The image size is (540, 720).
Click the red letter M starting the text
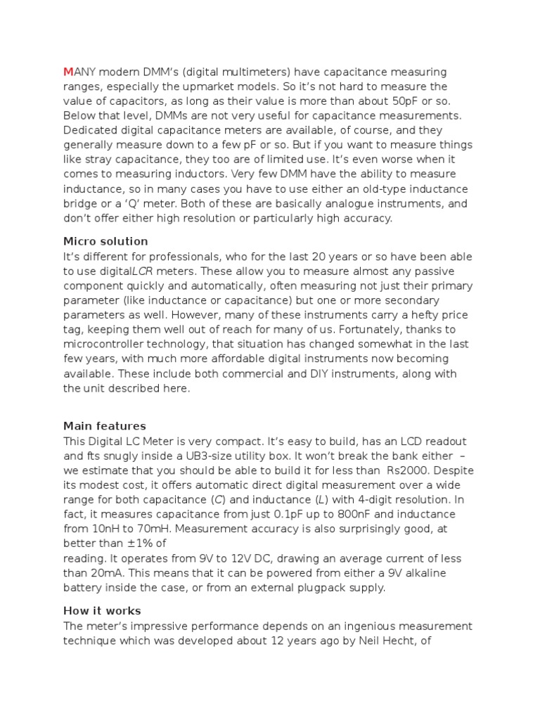[68, 72]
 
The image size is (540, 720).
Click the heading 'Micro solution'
[105, 241]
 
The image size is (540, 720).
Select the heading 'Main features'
[105, 425]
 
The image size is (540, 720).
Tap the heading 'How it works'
[102, 610]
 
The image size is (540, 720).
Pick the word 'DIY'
[320, 374]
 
